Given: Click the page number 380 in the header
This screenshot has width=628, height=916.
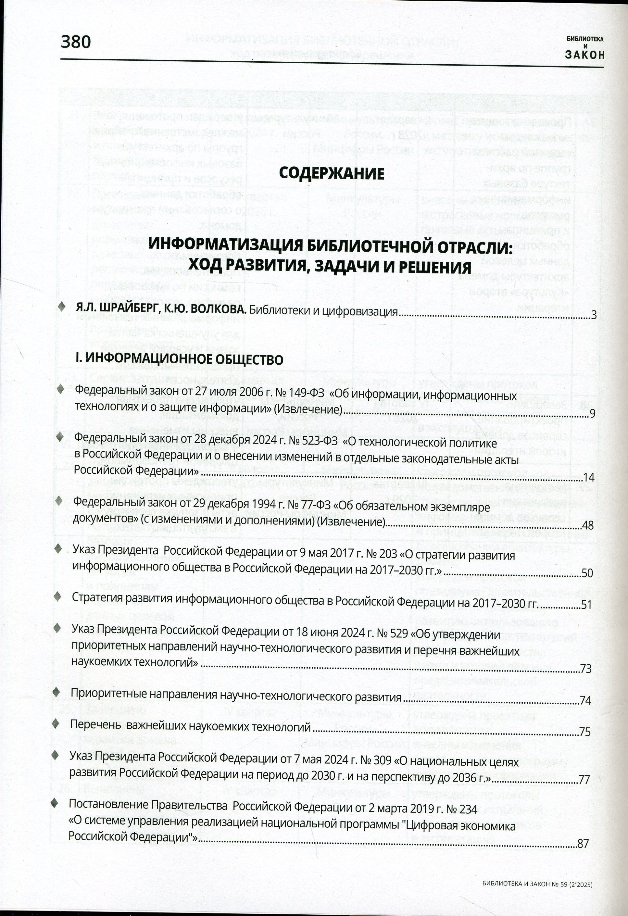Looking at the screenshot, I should click(x=76, y=42).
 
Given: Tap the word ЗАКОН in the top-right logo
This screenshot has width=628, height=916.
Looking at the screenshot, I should click(x=584, y=55).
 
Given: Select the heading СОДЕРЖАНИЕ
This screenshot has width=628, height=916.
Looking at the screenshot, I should click(x=331, y=173).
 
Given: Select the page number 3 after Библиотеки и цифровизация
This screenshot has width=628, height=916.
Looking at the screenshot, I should click(x=593, y=315).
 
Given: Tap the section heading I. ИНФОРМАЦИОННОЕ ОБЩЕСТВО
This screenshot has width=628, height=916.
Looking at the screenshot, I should click(x=179, y=359).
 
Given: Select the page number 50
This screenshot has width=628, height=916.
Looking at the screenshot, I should click(x=587, y=573).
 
